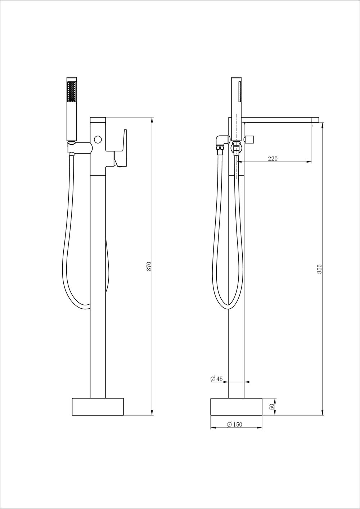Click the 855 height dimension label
319,269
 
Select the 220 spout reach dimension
273,159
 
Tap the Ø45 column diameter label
216,379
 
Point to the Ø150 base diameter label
235,424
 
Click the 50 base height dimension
272,406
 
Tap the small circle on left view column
98,139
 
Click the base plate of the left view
98,406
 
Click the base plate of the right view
236,406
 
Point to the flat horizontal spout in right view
281,119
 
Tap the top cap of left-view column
98,119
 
